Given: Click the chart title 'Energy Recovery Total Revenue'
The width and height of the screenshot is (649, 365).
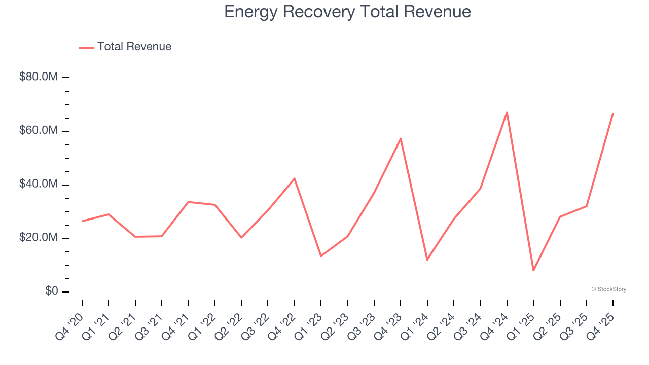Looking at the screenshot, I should pos(347,12).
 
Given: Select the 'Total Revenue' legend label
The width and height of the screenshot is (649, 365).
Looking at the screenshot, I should pos(134,47).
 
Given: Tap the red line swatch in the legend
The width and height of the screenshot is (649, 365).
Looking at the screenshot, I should pos(86,47).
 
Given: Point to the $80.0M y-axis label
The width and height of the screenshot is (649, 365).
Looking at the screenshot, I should pos(39,77).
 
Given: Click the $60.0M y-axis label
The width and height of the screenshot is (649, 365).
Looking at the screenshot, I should pos(39,131).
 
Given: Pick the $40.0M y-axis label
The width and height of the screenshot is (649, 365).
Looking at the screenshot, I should pos(39,184).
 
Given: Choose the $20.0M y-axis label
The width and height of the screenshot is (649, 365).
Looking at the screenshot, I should pos(39,238).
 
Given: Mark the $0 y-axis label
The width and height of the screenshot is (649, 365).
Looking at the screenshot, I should pos(51,291).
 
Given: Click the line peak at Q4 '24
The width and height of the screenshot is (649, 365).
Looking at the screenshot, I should pos(507,112).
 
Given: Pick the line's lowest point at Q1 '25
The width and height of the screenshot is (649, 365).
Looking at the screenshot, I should pos(533,270).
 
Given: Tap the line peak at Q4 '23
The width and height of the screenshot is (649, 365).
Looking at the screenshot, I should pos(401,138).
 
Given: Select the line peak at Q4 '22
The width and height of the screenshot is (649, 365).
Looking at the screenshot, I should pos(295,178).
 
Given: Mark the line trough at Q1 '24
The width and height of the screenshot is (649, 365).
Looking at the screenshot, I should pos(427,260).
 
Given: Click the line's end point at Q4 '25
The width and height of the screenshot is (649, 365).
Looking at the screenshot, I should pos(613,113).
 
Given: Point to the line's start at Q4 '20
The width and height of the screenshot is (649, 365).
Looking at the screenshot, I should pos(82,221).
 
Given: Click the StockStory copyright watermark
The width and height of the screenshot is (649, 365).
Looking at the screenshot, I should pos(608,289).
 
